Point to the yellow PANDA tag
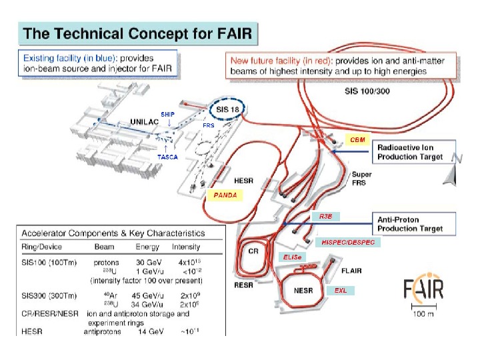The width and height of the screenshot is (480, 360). tap(225, 195)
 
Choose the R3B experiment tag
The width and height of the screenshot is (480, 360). tap(326, 217)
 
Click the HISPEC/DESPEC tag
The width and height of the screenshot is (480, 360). tap(348, 242)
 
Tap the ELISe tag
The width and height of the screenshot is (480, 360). tap(288, 257)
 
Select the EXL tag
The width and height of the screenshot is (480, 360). tap(341, 291)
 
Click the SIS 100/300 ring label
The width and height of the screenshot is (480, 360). tap(367, 90)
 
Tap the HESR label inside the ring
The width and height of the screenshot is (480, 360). tap(243, 180)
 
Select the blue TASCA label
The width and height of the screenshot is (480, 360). tap(167, 157)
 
